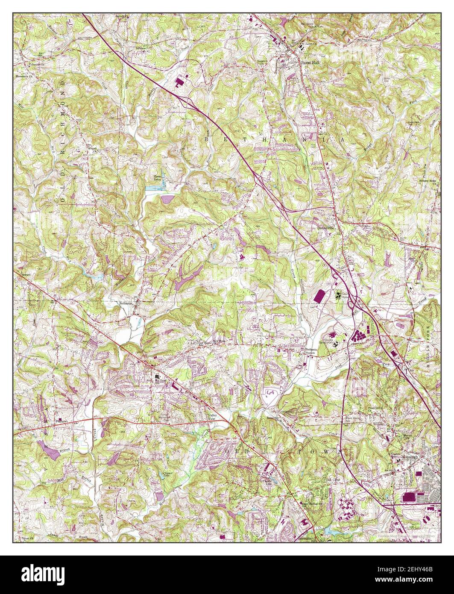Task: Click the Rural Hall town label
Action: coord(310,62)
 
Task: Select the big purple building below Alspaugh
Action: coord(409,497)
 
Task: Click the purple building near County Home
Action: coord(319,296)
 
